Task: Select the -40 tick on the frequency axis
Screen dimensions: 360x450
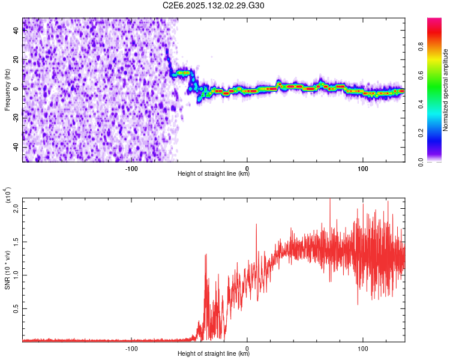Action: point(17,146)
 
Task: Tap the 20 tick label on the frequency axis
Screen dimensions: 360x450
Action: point(17,59)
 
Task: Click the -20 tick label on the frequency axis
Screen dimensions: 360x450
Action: point(17,118)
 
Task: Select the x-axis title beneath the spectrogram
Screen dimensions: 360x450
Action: point(214,173)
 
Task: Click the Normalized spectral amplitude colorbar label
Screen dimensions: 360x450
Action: point(446,90)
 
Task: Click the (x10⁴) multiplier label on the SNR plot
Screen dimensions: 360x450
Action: point(8,195)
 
